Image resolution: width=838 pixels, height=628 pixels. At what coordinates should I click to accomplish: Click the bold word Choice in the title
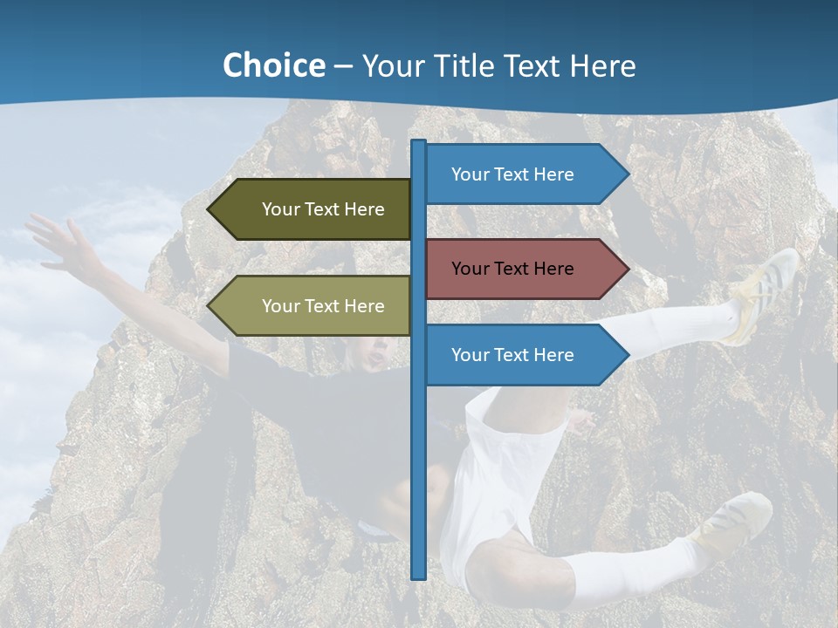pos(273,66)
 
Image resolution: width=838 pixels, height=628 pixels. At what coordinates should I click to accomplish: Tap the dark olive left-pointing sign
pos(314,209)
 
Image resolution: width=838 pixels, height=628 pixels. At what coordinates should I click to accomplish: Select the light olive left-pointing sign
pos(314,306)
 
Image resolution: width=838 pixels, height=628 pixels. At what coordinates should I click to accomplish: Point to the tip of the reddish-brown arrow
pos(627,269)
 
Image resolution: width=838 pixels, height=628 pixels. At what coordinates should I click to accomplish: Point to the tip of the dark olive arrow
pos(209,209)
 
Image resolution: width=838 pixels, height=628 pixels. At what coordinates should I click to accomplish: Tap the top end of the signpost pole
pos(419,143)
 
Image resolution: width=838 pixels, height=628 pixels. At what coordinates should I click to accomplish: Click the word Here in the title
pos(603,66)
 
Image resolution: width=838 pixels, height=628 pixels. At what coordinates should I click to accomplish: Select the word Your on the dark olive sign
pos(280,209)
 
